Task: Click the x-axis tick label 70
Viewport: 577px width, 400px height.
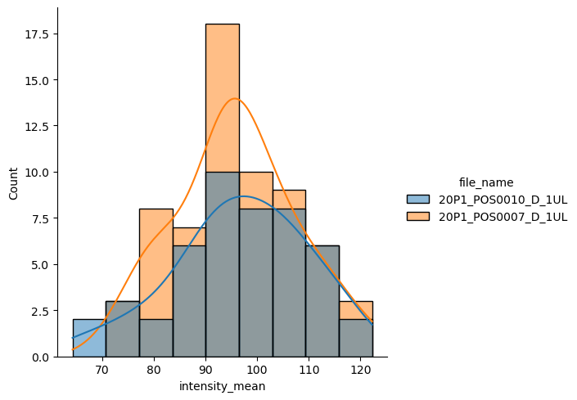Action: click(x=102, y=370)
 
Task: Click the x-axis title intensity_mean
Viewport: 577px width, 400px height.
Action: click(x=222, y=386)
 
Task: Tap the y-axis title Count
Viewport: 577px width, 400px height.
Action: click(x=12, y=191)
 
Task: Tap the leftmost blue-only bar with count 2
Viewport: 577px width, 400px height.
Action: click(x=89, y=339)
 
